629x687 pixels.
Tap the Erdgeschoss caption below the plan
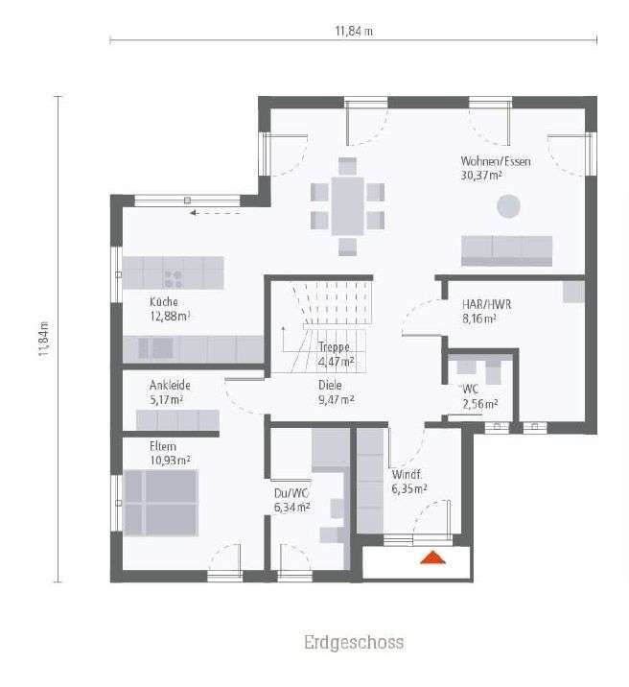(x=353, y=642)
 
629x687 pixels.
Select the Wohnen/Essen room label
(x=495, y=161)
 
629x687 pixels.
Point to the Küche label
(x=164, y=301)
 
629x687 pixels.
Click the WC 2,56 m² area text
(x=480, y=404)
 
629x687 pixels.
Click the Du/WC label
(x=291, y=494)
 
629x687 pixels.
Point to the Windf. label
(x=407, y=474)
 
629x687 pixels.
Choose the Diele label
(x=331, y=385)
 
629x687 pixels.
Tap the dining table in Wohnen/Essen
(x=348, y=205)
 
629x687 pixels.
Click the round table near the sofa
(x=507, y=205)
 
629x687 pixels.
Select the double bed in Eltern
(x=157, y=502)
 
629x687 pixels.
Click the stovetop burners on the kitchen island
(x=174, y=278)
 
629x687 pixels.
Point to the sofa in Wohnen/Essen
(x=507, y=249)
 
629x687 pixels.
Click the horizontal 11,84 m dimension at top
(x=353, y=31)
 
